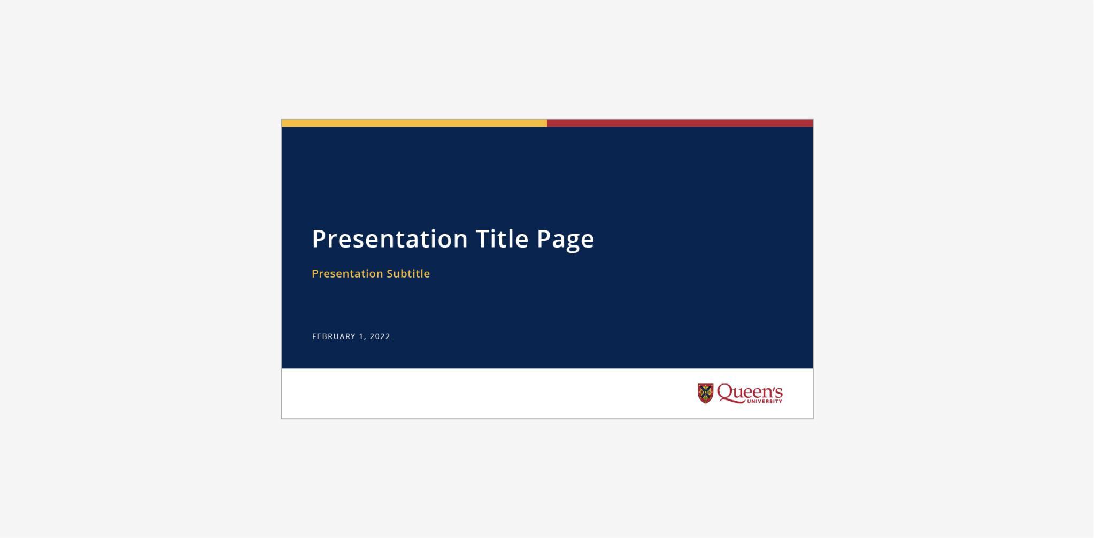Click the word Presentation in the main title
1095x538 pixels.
[390, 239]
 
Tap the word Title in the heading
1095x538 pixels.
[502, 239]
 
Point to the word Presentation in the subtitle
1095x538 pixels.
[346, 273]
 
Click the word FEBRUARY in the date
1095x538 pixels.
[334, 336]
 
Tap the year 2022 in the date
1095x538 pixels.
[380, 336]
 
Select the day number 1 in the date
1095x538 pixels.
[361, 336]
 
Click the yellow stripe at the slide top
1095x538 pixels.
[414, 123]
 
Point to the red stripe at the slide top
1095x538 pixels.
[680, 123]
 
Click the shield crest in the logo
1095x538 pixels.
[705, 393]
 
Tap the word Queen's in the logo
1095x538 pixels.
[750, 392]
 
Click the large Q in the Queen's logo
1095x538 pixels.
[725, 392]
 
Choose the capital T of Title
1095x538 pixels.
[483, 239]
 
